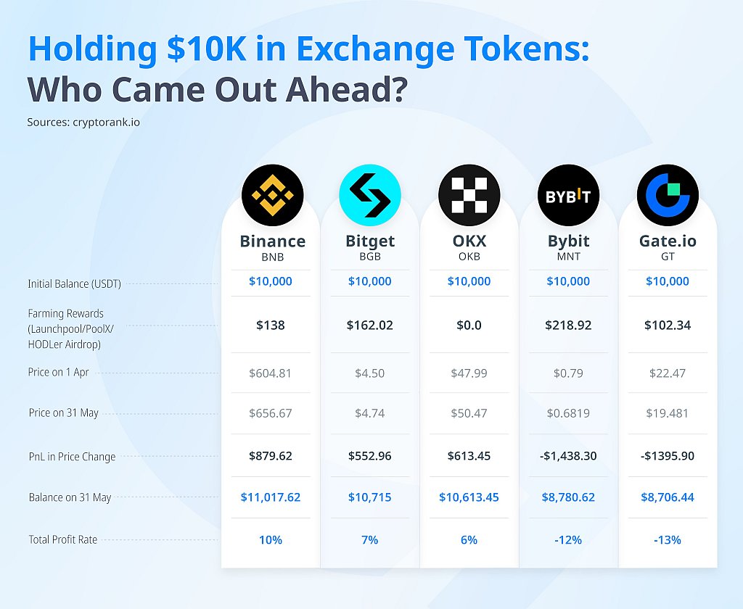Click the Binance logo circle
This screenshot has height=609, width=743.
(x=273, y=195)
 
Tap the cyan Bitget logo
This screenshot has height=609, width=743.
(x=370, y=195)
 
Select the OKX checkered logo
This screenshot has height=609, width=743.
(x=469, y=195)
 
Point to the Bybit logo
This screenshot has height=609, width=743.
(x=568, y=195)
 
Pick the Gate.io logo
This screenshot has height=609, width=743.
(x=668, y=195)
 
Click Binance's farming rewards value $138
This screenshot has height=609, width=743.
(x=271, y=326)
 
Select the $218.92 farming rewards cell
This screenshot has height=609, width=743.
(x=568, y=326)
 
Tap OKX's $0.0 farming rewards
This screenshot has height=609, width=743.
(x=469, y=326)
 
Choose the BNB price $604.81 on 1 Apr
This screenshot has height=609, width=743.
(x=270, y=373)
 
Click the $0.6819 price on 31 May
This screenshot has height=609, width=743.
(x=568, y=413)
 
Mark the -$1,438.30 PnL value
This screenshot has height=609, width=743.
(x=568, y=456)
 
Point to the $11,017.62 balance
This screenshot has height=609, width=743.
(x=271, y=497)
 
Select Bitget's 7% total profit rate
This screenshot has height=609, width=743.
(x=369, y=540)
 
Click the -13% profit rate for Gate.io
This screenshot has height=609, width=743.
(x=668, y=540)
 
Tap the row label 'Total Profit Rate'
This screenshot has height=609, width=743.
(x=63, y=539)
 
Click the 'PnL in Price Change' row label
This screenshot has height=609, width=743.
(x=72, y=457)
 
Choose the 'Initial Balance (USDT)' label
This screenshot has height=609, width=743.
(x=75, y=283)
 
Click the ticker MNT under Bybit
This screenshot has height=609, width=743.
(x=568, y=257)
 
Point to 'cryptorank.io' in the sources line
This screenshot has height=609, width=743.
(x=106, y=123)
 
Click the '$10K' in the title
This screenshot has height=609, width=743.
(x=207, y=49)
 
